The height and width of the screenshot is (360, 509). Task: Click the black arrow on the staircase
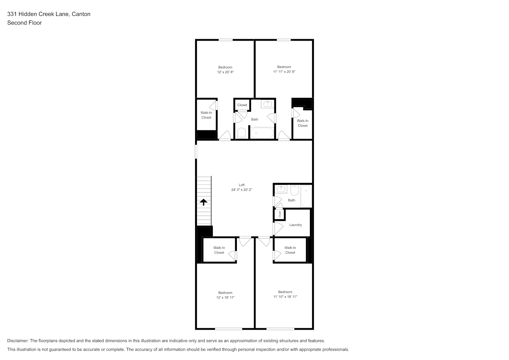tap(203, 202)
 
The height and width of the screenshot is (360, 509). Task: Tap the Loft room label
tap(242, 185)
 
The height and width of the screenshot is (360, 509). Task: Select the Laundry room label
tap(296, 225)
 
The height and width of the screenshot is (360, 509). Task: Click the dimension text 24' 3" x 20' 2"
tap(242, 190)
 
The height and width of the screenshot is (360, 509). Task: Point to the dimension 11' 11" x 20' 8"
tap(284, 72)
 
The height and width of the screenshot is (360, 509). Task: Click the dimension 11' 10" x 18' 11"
tap(285, 297)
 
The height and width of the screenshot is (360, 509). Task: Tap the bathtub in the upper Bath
tap(262, 133)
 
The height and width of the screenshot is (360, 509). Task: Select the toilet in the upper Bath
tap(242, 133)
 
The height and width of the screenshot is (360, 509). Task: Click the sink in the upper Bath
tap(268, 104)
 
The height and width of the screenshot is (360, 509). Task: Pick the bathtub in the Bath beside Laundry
tap(306, 196)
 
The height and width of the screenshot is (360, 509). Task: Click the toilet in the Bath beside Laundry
tap(294, 190)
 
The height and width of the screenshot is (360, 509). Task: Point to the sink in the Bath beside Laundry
tap(281, 189)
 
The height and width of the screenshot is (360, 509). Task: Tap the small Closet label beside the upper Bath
tap(242, 105)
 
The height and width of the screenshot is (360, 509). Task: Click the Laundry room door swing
tap(278, 229)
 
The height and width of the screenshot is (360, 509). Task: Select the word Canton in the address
tap(81, 14)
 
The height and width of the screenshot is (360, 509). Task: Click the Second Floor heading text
tap(24, 23)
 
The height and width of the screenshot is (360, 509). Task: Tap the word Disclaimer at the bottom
tap(18, 341)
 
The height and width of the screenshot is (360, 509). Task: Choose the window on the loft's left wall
tap(196, 152)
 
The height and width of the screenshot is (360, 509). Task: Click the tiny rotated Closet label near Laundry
tap(280, 214)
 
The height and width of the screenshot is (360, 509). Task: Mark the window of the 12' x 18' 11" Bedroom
tap(229, 329)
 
